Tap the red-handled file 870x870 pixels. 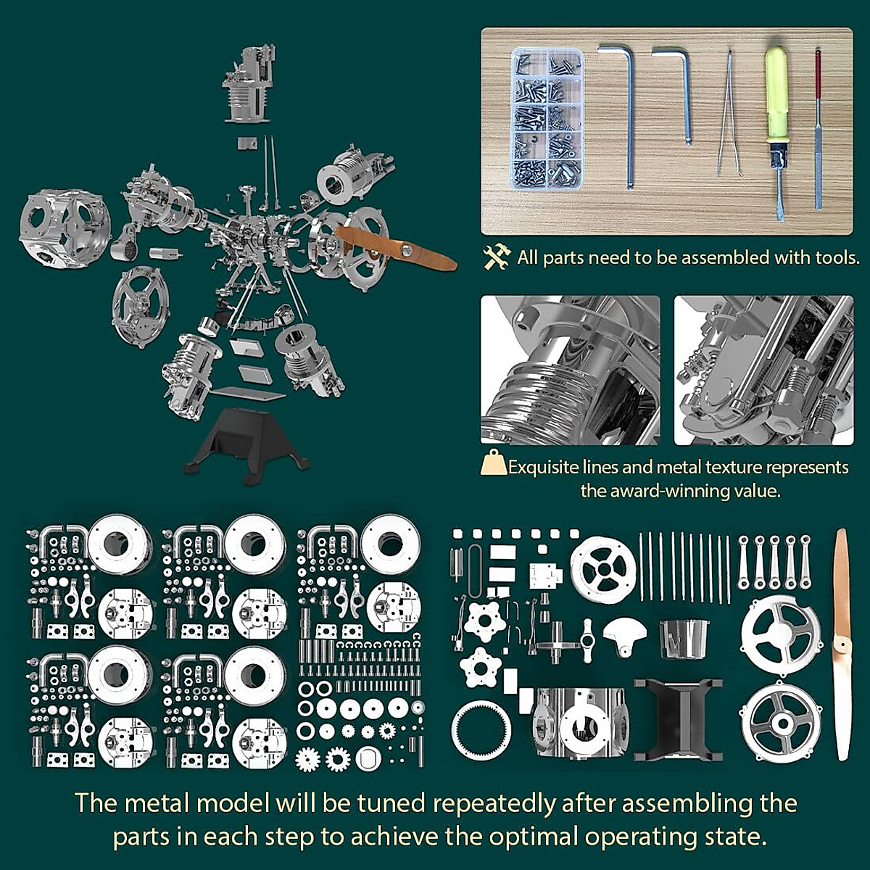(818, 130)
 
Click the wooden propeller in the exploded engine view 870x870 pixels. (395, 246)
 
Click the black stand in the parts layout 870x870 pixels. (678, 718)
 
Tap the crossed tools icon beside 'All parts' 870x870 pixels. (497, 257)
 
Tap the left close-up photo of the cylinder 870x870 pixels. (570, 370)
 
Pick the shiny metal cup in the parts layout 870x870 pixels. (684, 638)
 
